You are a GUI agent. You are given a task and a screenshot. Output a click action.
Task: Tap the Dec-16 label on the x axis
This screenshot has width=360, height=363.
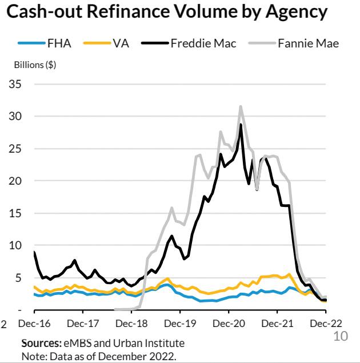34,324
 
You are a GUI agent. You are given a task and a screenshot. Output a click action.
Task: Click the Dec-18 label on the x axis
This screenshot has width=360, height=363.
131,324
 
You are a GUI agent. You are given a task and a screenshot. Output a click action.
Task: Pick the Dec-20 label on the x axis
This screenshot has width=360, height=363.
229,324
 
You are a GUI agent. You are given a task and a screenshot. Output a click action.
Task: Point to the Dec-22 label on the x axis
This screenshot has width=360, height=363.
325,324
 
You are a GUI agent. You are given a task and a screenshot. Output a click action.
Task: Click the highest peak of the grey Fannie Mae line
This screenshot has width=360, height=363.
241,106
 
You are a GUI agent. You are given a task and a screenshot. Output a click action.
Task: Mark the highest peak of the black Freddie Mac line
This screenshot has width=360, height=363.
241,124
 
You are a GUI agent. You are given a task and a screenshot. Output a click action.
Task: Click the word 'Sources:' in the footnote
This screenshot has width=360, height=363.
38,343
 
